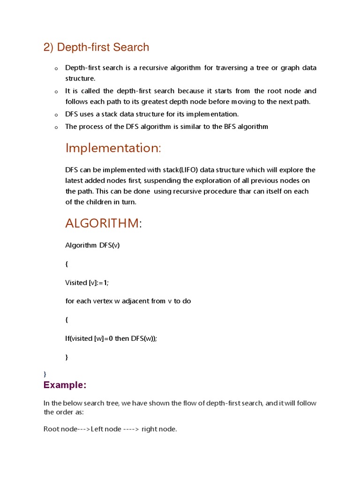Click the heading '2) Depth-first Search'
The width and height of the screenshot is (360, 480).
click(x=96, y=47)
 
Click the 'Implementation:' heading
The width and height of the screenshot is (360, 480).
click(x=113, y=148)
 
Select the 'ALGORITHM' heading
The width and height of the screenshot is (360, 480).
click(x=102, y=224)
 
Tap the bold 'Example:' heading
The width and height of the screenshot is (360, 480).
click(x=65, y=385)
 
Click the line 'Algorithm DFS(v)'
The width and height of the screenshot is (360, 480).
click(x=92, y=245)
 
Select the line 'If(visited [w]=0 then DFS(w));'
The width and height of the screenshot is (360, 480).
click(x=111, y=338)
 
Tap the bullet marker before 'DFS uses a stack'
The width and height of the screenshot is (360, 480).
click(x=56, y=115)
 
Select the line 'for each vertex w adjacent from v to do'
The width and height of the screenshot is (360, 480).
click(x=128, y=301)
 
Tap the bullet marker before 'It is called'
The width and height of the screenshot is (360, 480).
click(x=56, y=92)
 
